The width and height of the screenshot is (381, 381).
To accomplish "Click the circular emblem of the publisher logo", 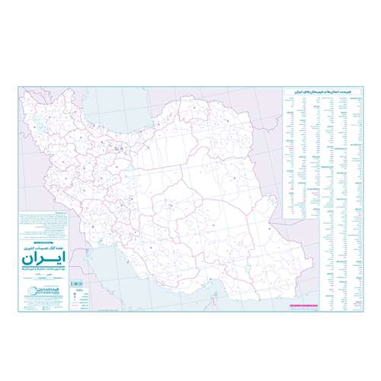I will [29, 290].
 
